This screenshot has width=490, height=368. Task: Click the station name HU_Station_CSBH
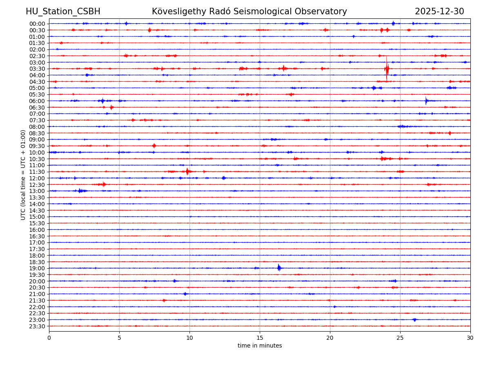(63, 12)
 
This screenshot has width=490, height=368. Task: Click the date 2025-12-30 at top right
(439, 12)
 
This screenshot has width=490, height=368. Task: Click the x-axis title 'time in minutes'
(260, 346)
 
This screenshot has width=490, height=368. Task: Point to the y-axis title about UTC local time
(23, 175)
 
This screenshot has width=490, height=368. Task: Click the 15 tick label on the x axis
(260, 338)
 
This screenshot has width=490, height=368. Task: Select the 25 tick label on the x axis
(400, 338)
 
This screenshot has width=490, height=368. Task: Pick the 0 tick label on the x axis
(49, 338)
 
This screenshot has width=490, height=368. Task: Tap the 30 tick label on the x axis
(470, 338)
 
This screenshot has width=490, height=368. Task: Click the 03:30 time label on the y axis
(37, 69)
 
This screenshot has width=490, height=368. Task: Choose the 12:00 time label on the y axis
(37, 178)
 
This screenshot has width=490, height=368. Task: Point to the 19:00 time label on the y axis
(37, 268)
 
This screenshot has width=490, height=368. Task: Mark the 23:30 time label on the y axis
(37, 326)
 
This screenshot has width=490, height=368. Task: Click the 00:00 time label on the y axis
(37, 24)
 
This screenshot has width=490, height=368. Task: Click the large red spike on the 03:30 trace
(387, 68)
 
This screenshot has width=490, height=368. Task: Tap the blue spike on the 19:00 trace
(279, 268)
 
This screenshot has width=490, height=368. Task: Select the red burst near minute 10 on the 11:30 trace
(187, 171)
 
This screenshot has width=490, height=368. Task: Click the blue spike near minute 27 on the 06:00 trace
(426, 100)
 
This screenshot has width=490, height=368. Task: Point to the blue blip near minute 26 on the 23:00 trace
(415, 320)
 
